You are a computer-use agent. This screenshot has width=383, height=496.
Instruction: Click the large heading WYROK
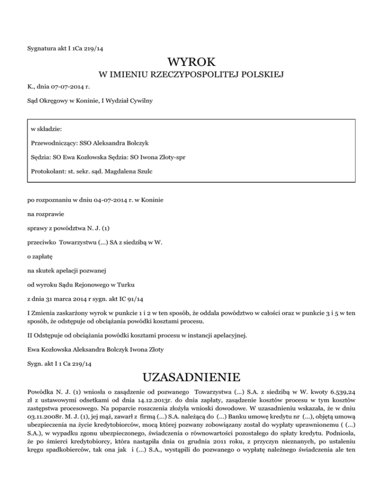point(191,62)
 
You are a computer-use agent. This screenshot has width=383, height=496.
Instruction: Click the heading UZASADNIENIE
point(191,375)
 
